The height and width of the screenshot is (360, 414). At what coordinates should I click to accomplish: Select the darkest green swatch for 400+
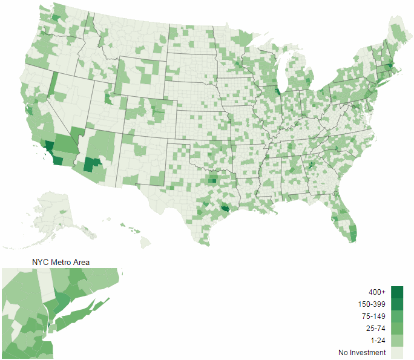pos(396,292)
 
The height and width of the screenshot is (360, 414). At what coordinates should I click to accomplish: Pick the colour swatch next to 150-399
pos(396,304)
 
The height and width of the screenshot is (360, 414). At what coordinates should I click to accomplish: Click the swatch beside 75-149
pos(396,316)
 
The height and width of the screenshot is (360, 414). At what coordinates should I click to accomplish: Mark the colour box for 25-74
pos(396,329)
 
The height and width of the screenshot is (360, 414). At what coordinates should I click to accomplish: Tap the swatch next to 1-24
pos(396,341)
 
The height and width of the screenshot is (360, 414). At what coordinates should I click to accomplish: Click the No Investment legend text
pos(362,353)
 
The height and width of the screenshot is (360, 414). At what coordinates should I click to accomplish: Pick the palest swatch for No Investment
pos(396,353)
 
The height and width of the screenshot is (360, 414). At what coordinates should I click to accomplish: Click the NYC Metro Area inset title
pos(61,262)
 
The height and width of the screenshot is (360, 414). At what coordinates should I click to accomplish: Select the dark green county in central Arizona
pos(92,165)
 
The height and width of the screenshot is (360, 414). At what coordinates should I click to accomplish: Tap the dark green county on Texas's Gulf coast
pos(225,209)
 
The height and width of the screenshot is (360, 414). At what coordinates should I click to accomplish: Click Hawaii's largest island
pos(145,242)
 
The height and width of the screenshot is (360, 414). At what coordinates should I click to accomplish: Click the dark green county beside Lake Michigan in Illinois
pos(278,92)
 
